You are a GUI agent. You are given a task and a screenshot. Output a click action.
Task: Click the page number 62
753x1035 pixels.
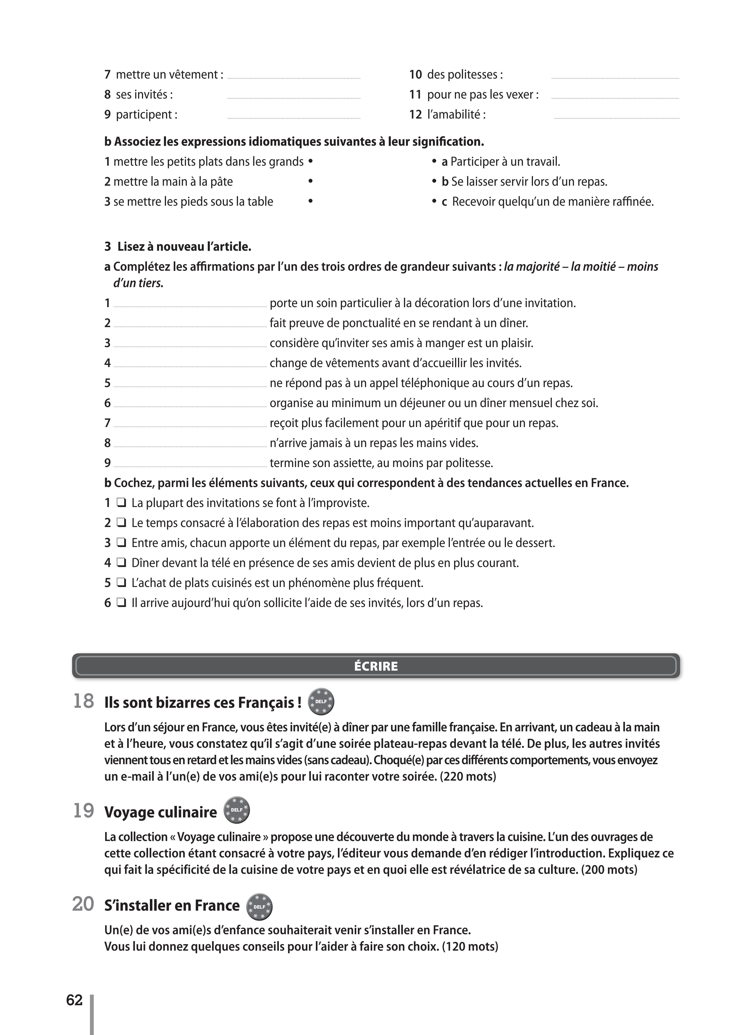[x=74, y=1000]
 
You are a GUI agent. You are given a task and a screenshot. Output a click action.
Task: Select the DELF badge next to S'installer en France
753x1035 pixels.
[x=259, y=906]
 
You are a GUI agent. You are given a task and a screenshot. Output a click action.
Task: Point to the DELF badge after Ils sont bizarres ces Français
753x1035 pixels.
[x=321, y=701]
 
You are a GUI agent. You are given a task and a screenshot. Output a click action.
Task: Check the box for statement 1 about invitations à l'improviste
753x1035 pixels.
[x=121, y=503]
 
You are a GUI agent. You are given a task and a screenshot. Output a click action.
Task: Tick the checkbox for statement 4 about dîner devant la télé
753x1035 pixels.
[x=121, y=563]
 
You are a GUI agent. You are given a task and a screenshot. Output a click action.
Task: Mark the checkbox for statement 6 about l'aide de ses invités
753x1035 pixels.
[x=121, y=603]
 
